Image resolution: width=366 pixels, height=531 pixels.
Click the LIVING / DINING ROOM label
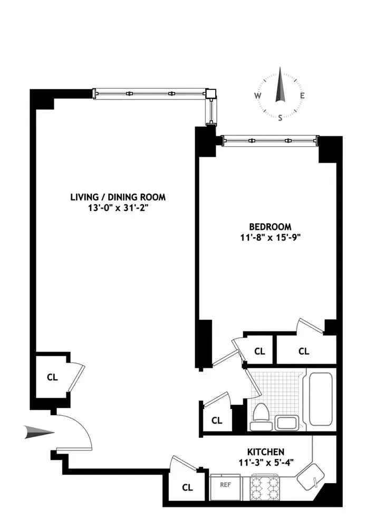(x=118, y=197)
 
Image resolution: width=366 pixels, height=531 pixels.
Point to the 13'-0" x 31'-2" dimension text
(x=118, y=208)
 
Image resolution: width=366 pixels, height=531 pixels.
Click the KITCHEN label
(x=266, y=452)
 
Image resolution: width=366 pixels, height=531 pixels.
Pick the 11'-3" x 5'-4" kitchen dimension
(x=266, y=462)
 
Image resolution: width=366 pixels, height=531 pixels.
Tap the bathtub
(x=320, y=398)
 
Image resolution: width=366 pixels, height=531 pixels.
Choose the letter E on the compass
(x=302, y=96)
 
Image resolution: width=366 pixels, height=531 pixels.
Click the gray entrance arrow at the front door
(x=39, y=433)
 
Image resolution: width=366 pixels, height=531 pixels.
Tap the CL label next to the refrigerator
(x=187, y=487)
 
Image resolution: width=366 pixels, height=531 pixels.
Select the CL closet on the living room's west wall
(x=52, y=377)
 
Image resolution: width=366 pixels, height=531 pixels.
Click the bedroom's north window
(x=269, y=141)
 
